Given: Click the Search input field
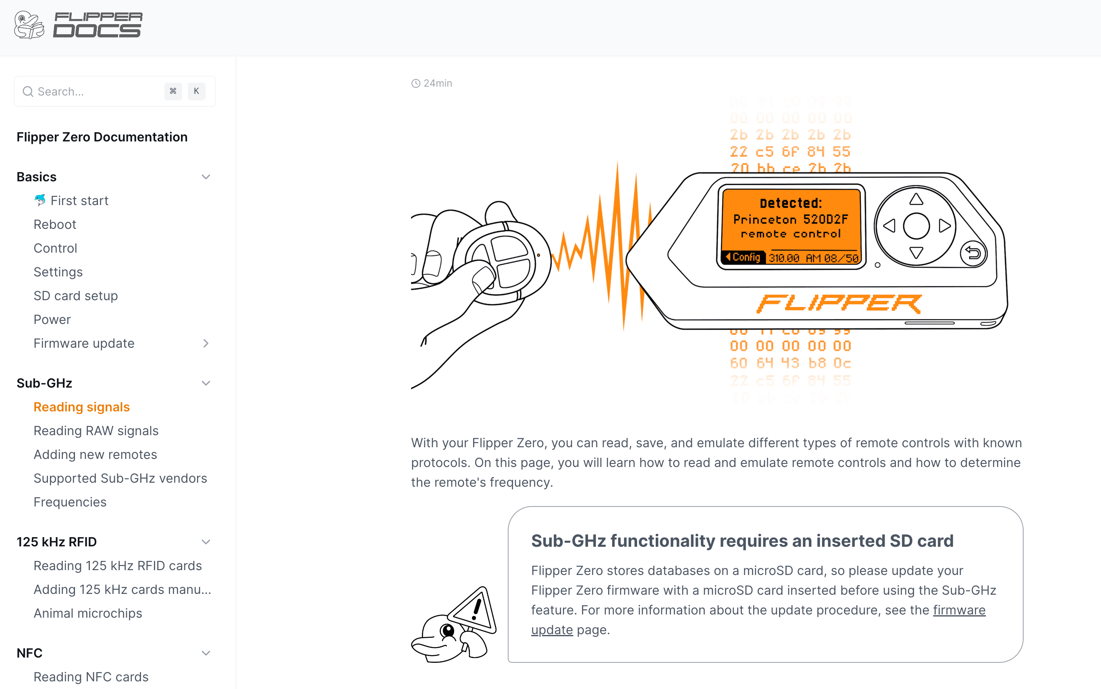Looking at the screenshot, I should pyautogui.click(x=96, y=91).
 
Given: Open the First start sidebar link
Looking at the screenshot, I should pyautogui.click(x=79, y=201).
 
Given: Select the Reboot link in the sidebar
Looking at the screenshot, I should pyautogui.click(x=55, y=224).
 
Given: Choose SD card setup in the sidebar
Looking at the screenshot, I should pyautogui.click(x=76, y=296).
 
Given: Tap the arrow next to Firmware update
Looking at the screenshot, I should pyautogui.click(x=206, y=344).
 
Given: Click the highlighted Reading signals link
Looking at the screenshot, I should pyautogui.click(x=81, y=407).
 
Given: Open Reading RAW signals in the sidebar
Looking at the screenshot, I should pyautogui.click(x=96, y=431).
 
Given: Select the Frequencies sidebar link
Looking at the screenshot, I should pyautogui.click(x=70, y=502).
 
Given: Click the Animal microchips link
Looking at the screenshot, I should pyautogui.click(x=87, y=613).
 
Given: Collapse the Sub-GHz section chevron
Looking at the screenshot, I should pyautogui.click(x=206, y=383).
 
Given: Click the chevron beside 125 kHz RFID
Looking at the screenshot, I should pyautogui.click(x=206, y=542).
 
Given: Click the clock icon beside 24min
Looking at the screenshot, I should pyautogui.click(x=415, y=83).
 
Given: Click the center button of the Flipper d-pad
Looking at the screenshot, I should pyautogui.click(x=916, y=226).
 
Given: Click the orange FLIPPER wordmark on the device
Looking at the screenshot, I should pyautogui.click(x=839, y=303).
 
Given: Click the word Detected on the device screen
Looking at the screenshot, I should pyautogui.click(x=790, y=203).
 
